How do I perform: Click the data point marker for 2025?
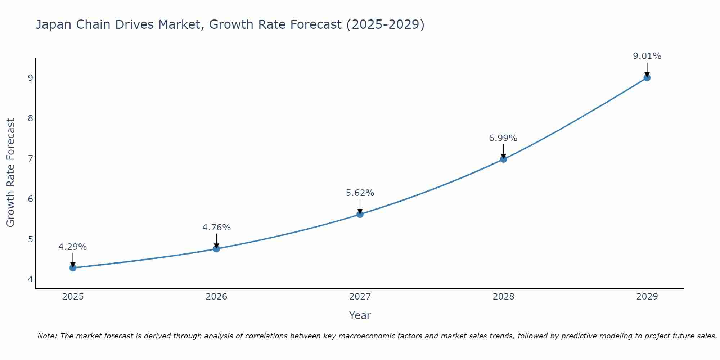click(73, 268)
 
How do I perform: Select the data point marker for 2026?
click(216, 249)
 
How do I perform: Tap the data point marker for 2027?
click(360, 215)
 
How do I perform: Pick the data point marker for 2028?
click(504, 159)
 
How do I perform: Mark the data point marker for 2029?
click(647, 78)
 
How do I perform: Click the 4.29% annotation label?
click(73, 247)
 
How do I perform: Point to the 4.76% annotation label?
click(216, 228)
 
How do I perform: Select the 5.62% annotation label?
click(360, 193)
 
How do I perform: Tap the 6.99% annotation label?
click(503, 138)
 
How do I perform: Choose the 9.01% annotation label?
click(647, 56)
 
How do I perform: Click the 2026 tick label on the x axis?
click(216, 297)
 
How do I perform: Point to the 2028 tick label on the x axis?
click(504, 297)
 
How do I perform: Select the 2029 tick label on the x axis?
click(647, 297)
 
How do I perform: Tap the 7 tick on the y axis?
click(30, 158)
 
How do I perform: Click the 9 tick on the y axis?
click(30, 78)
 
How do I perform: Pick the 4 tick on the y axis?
click(30, 279)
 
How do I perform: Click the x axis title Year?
click(360, 315)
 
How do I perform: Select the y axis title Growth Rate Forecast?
click(11, 173)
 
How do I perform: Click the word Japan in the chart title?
click(53, 25)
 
